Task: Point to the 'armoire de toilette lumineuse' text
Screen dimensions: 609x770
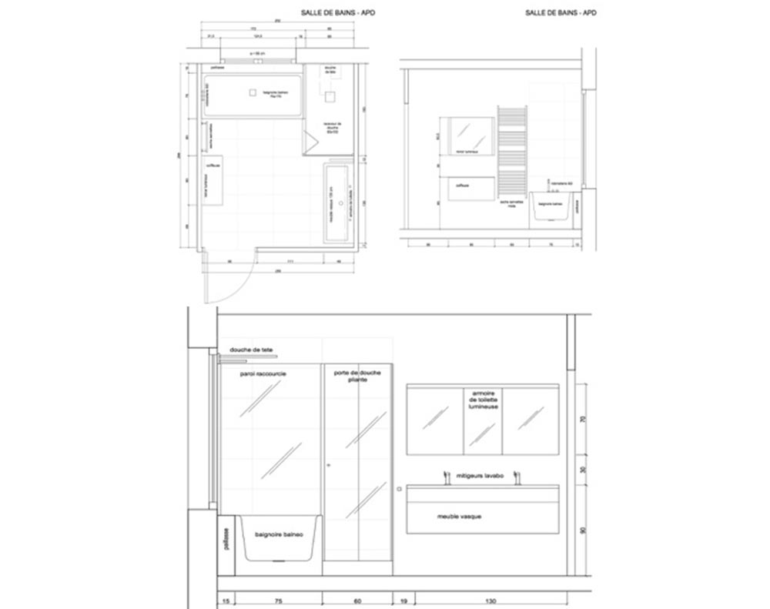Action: tap(482, 400)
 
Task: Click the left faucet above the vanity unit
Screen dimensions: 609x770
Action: tap(445, 479)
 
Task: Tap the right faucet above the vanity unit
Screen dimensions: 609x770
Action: tap(517, 479)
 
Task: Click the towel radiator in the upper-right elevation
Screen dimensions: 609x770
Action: tap(511, 150)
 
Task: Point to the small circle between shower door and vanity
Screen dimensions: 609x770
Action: tap(399, 488)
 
